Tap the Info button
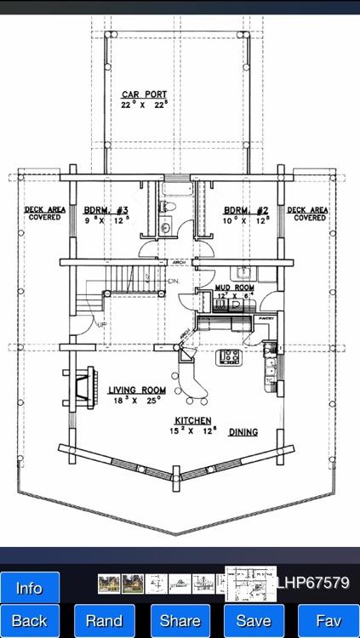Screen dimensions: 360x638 (x=30, y=588)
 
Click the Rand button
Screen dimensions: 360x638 (x=104, y=621)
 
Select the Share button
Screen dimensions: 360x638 (x=180, y=621)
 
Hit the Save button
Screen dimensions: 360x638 (x=254, y=621)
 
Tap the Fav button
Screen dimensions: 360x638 (x=329, y=621)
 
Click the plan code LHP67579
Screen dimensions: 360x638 (x=313, y=584)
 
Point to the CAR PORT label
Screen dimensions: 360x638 (x=144, y=94)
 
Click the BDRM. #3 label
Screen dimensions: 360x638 (x=106, y=210)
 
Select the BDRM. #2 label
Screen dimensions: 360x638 (x=246, y=210)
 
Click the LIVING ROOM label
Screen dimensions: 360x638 (x=136, y=390)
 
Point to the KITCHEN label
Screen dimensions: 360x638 (x=193, y=421)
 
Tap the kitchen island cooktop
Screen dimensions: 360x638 (x=230, y=356)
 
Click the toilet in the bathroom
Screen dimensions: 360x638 (x=168, y=207)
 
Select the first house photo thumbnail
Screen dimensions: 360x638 (x=108, y=584)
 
